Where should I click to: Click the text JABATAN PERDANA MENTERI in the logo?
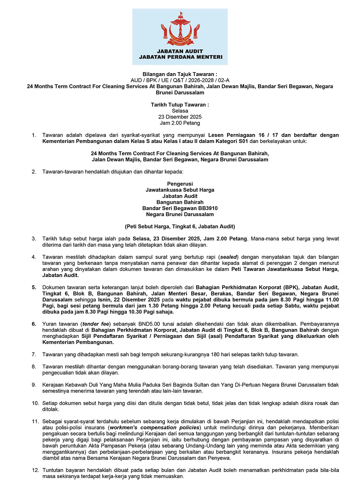180,57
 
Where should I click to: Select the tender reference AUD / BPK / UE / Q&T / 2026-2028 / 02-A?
180,80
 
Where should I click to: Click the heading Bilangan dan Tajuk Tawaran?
180,74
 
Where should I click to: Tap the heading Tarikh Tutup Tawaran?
180,104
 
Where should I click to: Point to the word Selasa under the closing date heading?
180,111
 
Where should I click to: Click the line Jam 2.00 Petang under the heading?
180,123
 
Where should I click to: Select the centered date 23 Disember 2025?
180,117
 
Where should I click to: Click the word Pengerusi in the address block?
180,184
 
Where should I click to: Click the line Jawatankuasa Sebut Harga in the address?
180,190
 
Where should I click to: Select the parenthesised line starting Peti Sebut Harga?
180,227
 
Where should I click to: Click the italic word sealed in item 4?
229,257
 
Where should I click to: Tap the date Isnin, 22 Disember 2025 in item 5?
129,300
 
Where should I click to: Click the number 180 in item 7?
215,354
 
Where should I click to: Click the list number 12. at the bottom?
35,470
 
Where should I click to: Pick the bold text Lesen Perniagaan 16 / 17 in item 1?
243,135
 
